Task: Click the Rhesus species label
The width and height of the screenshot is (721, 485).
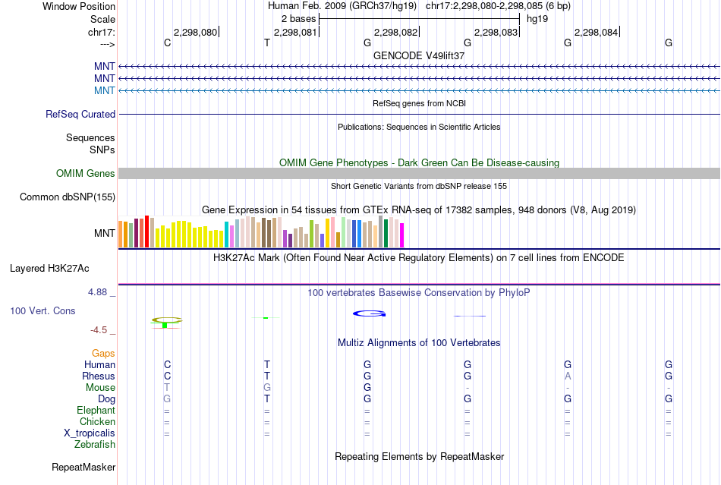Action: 99,376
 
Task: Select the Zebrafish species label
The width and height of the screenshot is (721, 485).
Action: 95,444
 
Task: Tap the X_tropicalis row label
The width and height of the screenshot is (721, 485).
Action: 90,433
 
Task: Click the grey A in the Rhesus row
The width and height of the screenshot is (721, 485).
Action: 568,376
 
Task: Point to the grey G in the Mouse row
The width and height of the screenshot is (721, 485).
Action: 267,387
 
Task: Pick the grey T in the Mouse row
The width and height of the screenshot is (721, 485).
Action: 167,387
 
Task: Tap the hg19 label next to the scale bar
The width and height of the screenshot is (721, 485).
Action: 537,17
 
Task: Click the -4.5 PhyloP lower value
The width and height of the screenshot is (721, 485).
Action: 102,329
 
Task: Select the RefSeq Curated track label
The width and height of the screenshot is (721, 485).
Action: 80,114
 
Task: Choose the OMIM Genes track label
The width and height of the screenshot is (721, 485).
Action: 86,174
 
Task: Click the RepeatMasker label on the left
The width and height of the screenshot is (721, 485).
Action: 83,467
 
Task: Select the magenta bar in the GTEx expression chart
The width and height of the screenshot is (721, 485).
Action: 402,235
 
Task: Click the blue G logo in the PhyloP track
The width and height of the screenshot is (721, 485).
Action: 370,313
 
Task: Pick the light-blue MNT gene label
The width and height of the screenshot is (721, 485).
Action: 105,90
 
